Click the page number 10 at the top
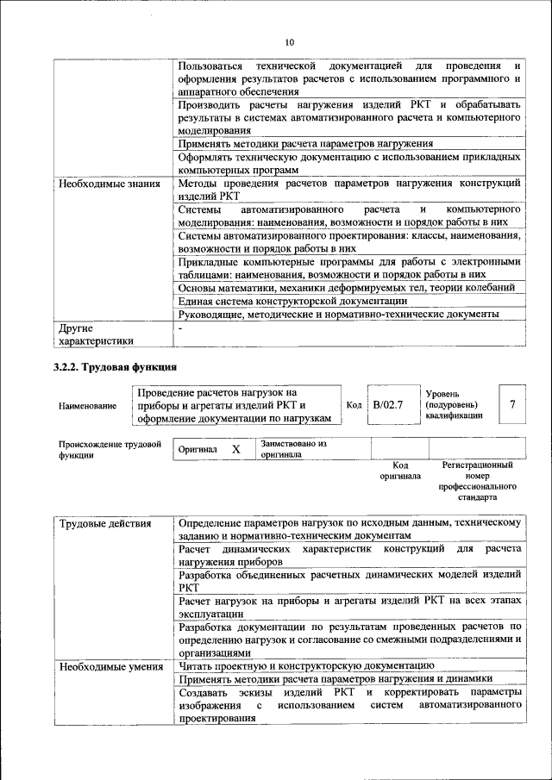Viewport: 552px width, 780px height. tap(289, 41)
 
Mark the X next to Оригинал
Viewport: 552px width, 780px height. tap(235, 449)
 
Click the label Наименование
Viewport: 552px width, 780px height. tap(86, 405)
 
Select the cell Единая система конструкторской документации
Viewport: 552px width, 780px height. tap(292, 301)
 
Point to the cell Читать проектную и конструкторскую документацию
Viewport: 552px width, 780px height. tap(299, 665)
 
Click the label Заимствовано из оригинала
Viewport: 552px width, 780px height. tap(293, 449)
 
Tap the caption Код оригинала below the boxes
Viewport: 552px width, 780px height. tap(400, 471)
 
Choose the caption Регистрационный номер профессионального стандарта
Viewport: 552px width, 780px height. tap(477, 481)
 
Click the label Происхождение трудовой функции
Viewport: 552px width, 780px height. tap(110, 449)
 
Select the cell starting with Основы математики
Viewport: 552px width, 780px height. tap(347, 287)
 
